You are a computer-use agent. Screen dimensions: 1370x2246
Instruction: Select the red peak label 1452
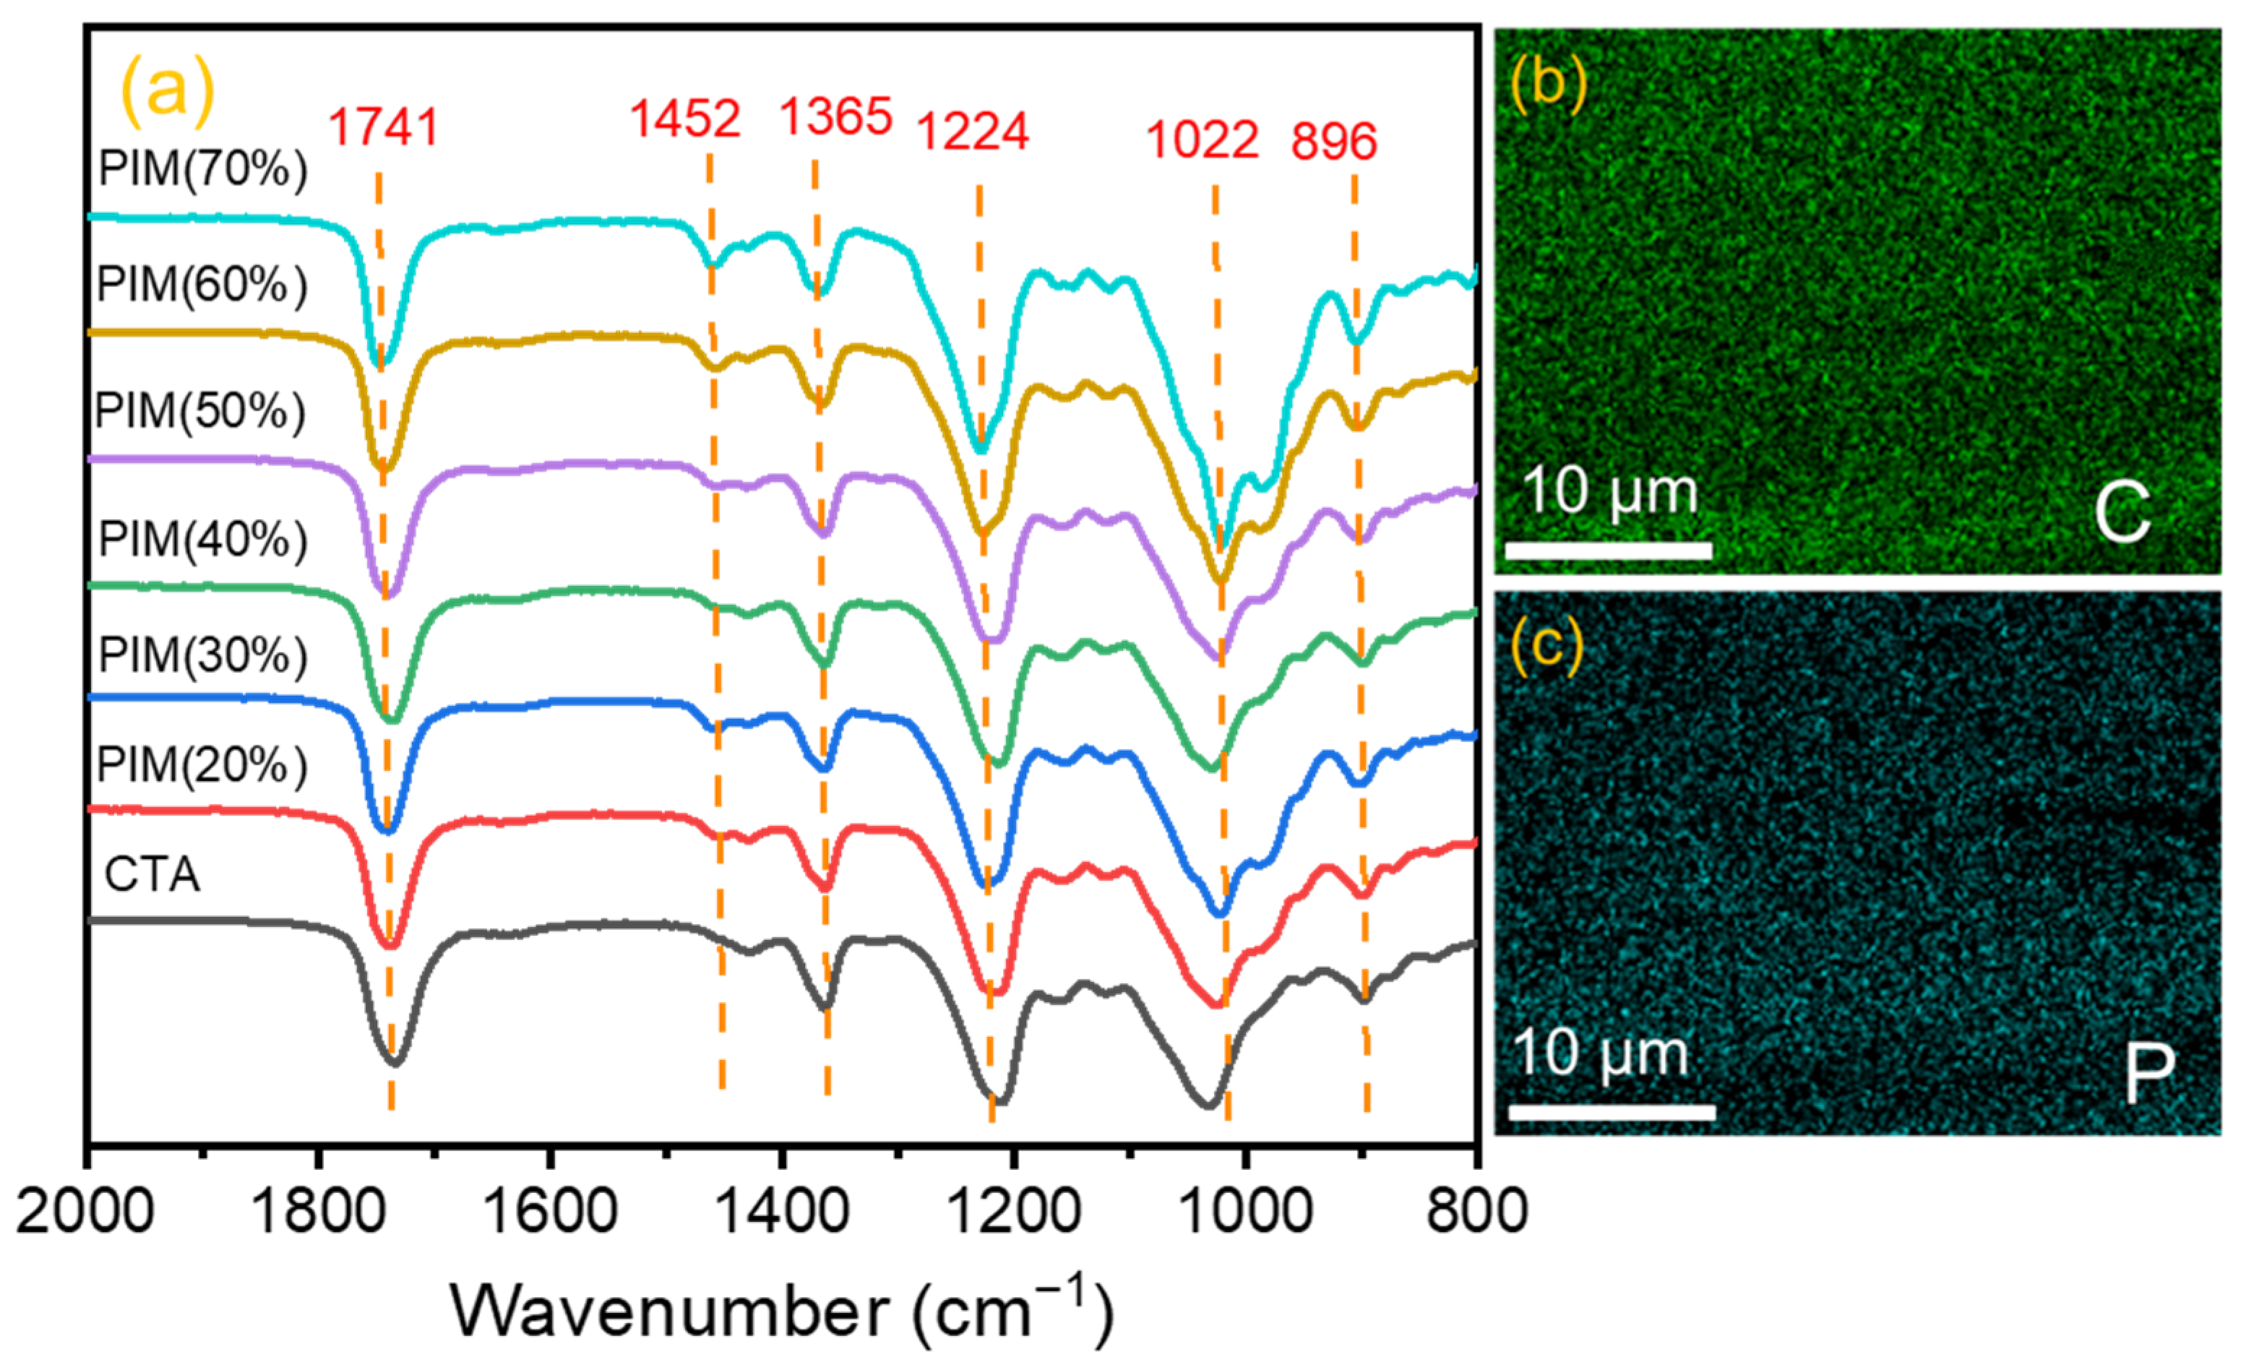coord(686,119)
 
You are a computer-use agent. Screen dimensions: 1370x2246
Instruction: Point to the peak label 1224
coord(973,132)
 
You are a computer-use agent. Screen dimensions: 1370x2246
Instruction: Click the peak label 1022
coord(1202,140)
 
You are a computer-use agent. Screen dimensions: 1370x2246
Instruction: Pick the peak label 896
coord(1333,142)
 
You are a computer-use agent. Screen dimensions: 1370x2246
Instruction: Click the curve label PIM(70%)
coord(202,168)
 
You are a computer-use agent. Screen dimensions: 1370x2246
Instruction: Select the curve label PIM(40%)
coord(202,540)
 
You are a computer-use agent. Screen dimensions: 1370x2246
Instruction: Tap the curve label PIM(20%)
coord(202,764)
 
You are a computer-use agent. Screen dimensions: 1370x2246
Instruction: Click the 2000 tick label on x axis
coord(85,1213)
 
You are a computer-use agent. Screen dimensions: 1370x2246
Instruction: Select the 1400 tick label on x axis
coord(780,1213)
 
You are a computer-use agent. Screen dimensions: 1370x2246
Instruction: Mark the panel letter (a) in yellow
coord(167,90)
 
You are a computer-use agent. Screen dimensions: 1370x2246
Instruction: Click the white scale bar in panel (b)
coord(1609,550)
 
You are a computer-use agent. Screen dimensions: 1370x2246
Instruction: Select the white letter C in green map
coord(2122,513)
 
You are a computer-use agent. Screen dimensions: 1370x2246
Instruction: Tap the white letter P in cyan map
coord(2148,1073)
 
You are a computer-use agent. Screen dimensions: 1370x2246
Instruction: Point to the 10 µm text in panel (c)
coord(1601,1053)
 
